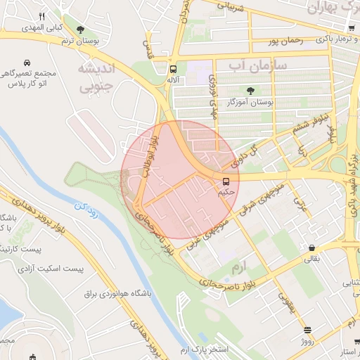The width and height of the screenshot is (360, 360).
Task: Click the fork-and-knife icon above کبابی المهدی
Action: pyautogui.click(x=42, y=17)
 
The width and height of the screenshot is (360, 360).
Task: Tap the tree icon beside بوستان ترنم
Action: pyautogui.click(x=81, y=30)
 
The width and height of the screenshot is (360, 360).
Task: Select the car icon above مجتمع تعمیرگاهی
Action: pyautogui.click(x=27, y=63)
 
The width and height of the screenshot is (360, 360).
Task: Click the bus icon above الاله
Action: pyautogui.click(x=173, y=69)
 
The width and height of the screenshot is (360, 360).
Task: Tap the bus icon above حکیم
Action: pyautogui.click(x=226, y=181)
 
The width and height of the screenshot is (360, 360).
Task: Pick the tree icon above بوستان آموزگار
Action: pyautogui.click(x=251, y=90)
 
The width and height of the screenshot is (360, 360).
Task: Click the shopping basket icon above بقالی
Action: pyautogui.click(x=311, y=247)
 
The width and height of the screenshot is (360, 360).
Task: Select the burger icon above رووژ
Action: pyautogui.click(x=307, y=330)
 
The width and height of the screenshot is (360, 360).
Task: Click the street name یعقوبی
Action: pyautogui.click(x=285, y=300)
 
